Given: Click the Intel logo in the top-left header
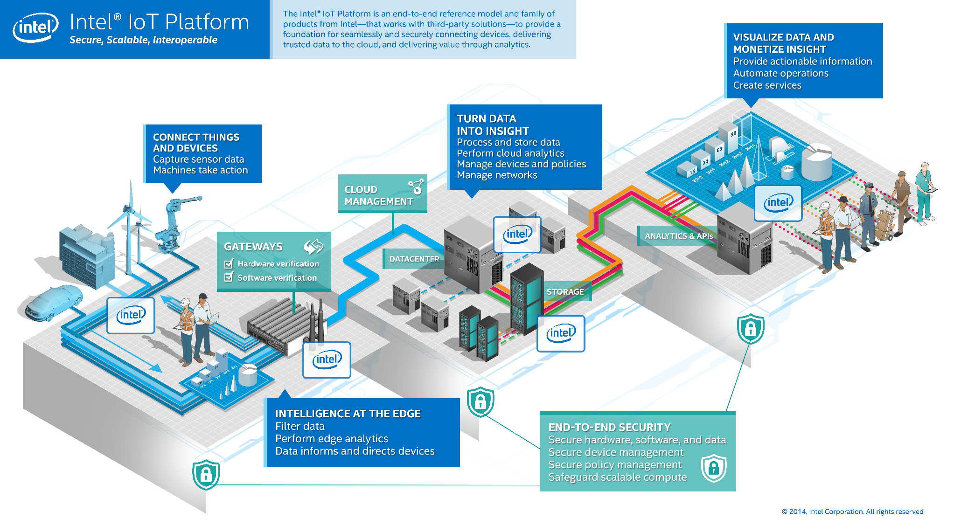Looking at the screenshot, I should (35, 28).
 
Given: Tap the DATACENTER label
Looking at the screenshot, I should (414, 259).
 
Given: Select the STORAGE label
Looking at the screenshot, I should (565, 292).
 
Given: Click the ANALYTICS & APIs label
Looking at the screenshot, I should (678, 236).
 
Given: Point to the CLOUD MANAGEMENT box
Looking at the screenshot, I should (382, 193).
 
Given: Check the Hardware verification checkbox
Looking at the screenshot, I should (229, 264).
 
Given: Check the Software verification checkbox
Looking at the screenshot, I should (229, 277).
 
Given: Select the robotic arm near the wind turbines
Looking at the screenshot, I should (175, 224).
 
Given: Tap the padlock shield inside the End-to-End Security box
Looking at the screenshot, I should (714, 468).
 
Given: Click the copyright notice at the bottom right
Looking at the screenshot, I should (852, 511).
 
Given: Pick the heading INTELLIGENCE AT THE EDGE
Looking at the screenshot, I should (348, 414).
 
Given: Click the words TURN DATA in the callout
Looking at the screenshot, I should (486, 118).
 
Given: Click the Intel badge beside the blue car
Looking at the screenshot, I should (131, 315).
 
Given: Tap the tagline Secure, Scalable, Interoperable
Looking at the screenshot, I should (143, 40).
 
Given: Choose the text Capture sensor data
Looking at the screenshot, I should (198, 159).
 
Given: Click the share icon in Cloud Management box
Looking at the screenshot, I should (416, 187).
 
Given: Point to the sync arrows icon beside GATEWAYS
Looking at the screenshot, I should (313, 246).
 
